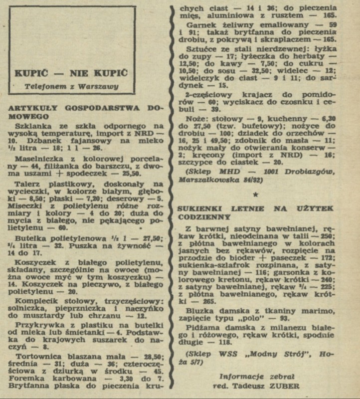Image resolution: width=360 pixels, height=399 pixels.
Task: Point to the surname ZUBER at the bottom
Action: (286, 386)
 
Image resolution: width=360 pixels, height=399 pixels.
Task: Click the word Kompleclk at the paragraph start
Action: (37, 301)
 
